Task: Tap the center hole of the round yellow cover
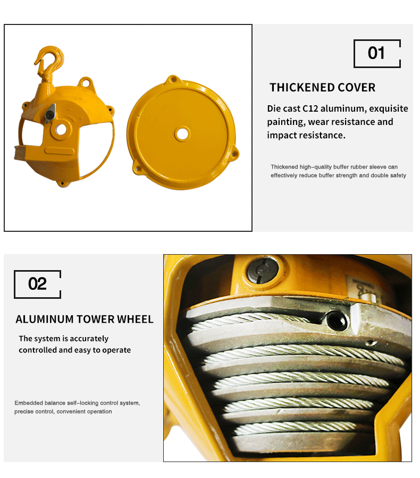click(182, 133)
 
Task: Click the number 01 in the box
click(376, 53)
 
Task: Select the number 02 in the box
click(37, 284)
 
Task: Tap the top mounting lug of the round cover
click(171, 81)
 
